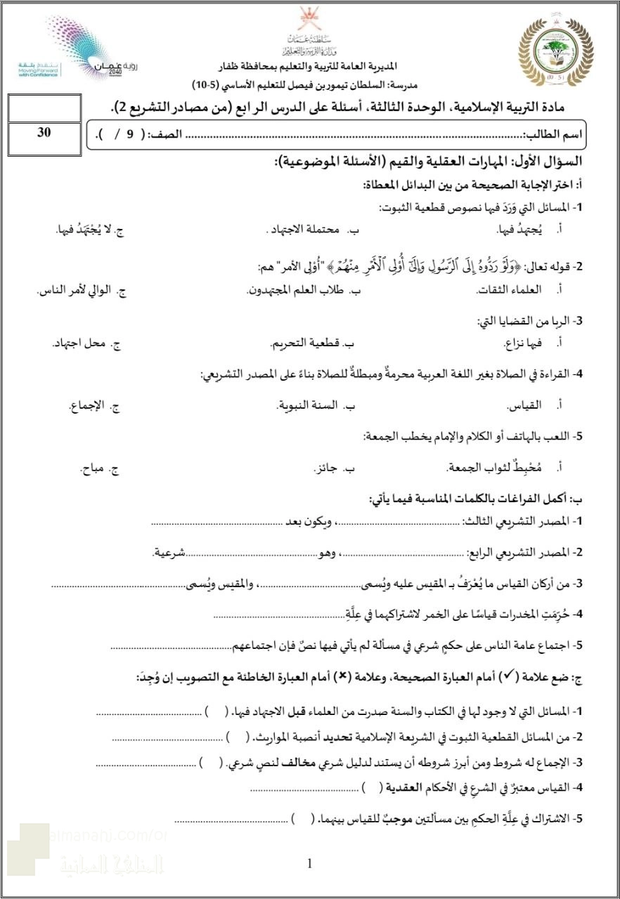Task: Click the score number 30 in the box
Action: click(x=44, y=133)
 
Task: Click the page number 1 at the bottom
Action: click(x=310, y=864)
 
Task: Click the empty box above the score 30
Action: click(x=44, y=110)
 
